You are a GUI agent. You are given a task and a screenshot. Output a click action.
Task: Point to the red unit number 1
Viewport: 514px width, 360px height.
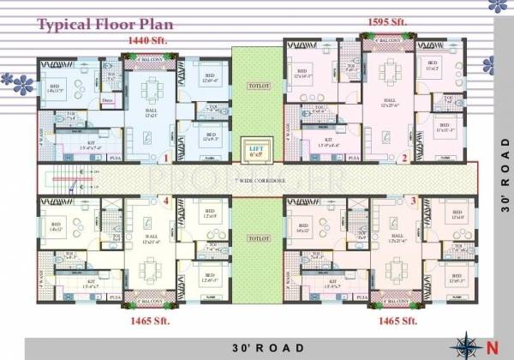click(x=164, y=159)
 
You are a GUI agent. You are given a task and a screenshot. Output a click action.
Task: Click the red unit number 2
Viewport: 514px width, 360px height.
click(x=404, y=159)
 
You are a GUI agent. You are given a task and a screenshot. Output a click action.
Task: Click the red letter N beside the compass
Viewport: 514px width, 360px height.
click(x=491, y=348)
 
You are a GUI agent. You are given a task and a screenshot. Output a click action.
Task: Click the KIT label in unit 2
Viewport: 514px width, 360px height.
click(x=328, y=138)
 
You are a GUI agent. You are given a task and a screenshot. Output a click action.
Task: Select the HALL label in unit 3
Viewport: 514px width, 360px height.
click(x=397, y=233)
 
